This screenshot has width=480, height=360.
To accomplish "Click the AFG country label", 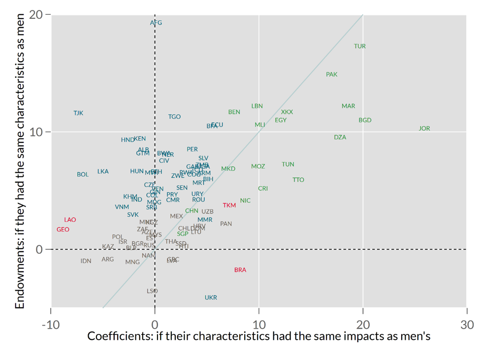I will (156, 23).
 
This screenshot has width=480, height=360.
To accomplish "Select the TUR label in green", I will (360, 46).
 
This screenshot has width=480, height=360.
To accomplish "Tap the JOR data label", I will (424, 129).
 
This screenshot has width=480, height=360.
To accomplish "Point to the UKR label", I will (211, 297).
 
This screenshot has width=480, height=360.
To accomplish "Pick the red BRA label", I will (240, 270).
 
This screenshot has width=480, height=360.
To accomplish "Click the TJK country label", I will (78, 113).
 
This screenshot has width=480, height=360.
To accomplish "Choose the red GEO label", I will (63, 229).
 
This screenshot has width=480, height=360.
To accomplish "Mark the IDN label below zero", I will (86, 261).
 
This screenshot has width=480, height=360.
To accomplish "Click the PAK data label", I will (332, 74).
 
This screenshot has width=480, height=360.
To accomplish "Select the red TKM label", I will (229, 205).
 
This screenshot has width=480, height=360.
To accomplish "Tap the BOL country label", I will (83, 174).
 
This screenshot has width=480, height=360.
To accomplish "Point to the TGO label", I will (174, 117).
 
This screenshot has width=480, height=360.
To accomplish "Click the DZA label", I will (340, 137).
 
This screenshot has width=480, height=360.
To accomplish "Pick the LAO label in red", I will (70, 220).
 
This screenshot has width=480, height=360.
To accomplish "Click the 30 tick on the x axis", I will (467, 325).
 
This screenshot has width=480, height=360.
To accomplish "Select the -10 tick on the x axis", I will (51, 325).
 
